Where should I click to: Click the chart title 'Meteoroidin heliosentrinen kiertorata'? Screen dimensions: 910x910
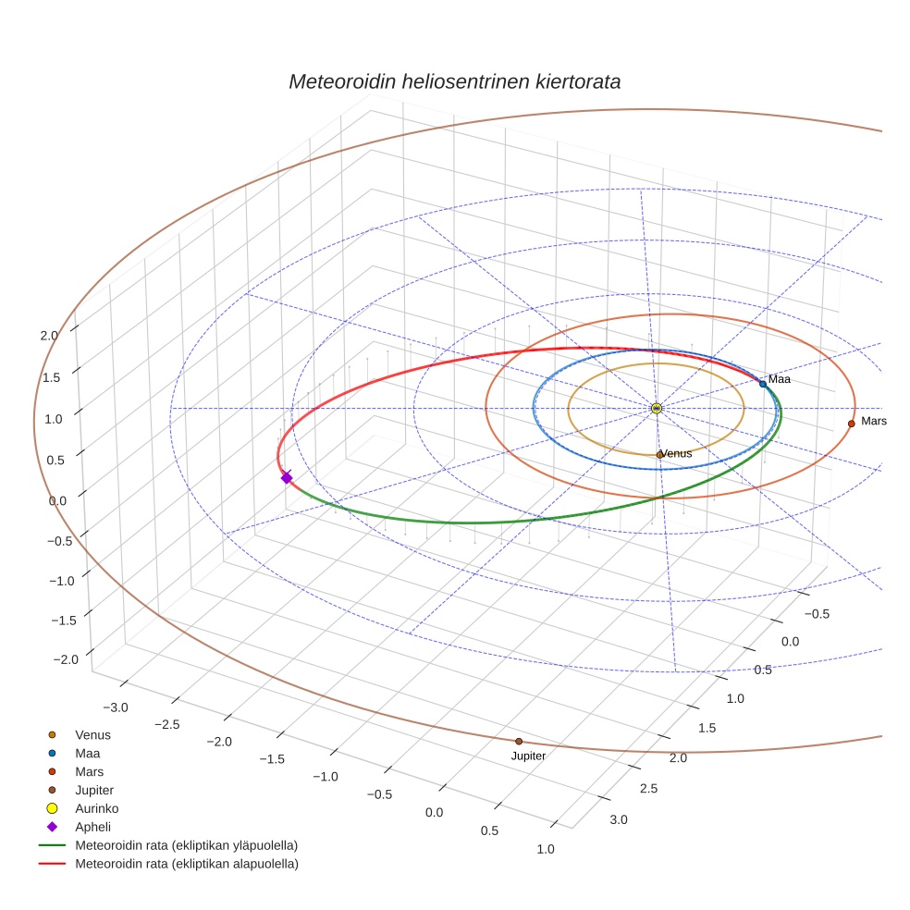click(454, 81)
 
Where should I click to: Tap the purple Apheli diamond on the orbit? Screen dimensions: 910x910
click(287, 477)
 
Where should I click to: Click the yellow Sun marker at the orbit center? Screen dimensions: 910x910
click(657, 408)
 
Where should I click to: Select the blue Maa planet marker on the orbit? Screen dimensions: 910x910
click(763, 383)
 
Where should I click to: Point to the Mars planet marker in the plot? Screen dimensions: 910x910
click(851, 424)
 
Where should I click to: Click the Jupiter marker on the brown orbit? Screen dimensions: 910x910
click(519, 741)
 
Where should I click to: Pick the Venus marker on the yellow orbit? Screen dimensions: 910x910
click(659, 454)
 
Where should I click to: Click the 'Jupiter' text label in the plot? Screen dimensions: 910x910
click(528, 756)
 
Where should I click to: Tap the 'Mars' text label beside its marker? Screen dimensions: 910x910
click(874, 421)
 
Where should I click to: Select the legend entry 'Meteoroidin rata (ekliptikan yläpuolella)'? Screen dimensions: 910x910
click(186, 845)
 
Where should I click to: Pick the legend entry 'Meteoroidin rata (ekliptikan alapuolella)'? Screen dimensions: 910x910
click(186, 864)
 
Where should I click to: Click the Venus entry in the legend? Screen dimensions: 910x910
click(92, 734)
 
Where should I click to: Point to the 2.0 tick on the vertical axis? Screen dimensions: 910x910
click(50, 336)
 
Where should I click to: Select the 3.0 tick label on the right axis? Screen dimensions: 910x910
click(618, 819)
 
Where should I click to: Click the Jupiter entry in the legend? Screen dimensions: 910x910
click(94, 790)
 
